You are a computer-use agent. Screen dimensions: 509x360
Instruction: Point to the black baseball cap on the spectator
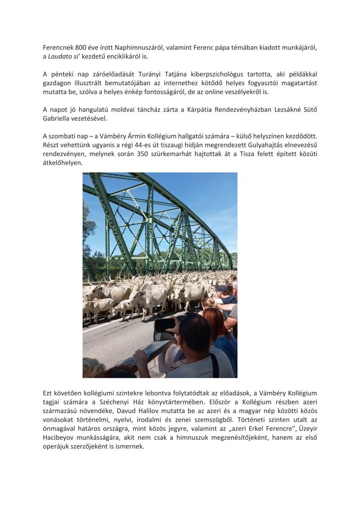click(x=222, y=288)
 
